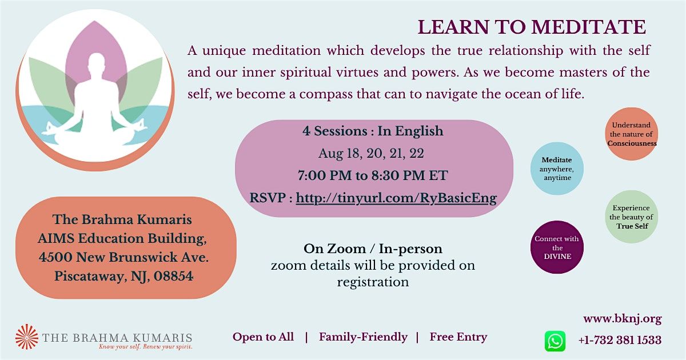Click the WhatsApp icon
[x=555, y=341]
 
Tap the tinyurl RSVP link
[x=396, y=198]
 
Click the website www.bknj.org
[x=623, y=319]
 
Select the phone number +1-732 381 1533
[x=620, y=340]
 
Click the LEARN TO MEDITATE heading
[x=532, y=27]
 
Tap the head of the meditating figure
[x=97, y=63]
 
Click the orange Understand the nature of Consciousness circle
[x=632, y=134]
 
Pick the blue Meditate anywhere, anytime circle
[x=557, y=169]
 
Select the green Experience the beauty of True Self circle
[x=632, y=217]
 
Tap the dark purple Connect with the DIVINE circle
[x=557, y=247]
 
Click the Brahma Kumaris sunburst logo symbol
[x=27, y=337]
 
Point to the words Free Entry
[x=458, y=337]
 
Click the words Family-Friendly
[x=363, y=337]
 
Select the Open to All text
[x=263, y=337]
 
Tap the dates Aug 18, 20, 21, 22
[x=371, y=154]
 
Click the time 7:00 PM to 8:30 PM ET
[x=373, y=176]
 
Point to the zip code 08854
[x=173, y=276]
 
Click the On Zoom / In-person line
[x=373, y=249]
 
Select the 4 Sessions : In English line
[x=373, y=131]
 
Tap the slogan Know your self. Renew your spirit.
[x=145, y=347]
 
